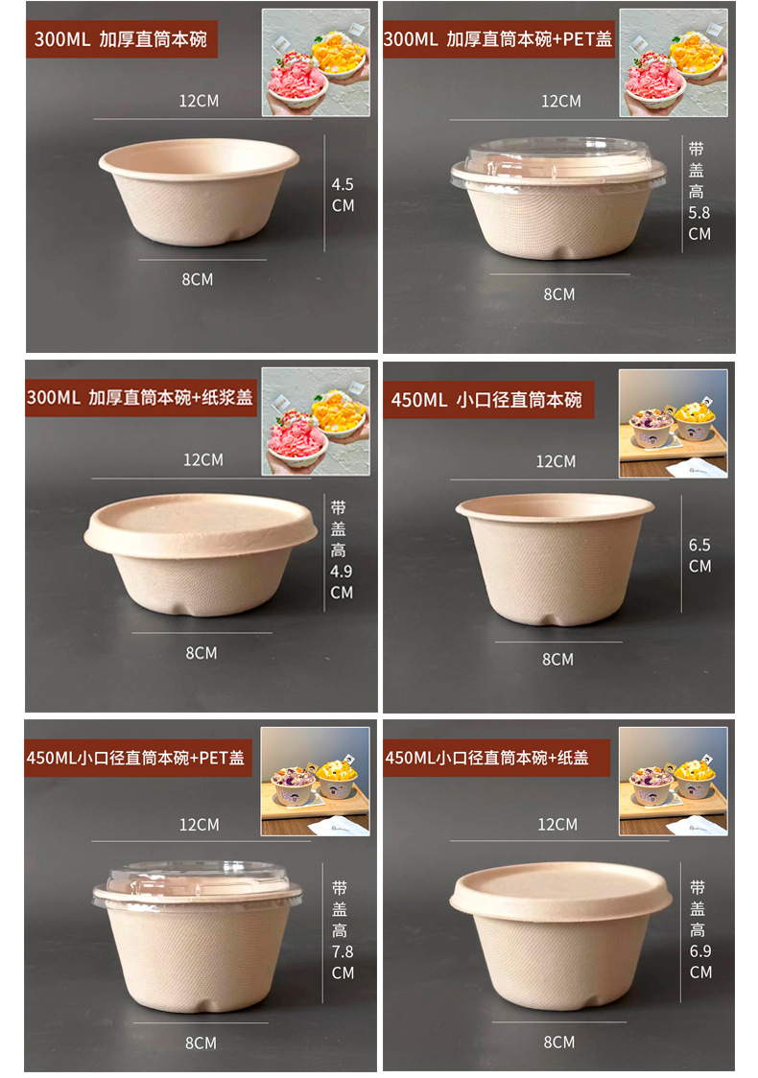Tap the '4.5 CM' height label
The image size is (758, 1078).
(x=343, y=195)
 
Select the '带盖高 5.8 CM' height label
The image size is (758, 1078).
(x=699, y=191)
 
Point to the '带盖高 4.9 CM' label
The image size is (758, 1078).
(x=341, y=550)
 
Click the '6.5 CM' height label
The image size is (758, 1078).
(x=699, y=555)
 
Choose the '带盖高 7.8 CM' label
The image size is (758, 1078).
(x=342, y=930)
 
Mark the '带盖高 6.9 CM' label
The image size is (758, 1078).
(x=699, y=929)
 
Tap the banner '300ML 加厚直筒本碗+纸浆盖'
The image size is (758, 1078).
(x=141, y=397)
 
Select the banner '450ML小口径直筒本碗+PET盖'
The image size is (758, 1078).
(x=136, y=758)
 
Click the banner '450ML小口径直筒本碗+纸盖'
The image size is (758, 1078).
(x=486, y=758)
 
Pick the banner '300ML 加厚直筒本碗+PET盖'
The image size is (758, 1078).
(x=498, y=39)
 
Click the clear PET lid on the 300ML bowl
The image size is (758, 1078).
(x=558, y=159)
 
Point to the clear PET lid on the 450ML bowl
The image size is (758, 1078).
(x=198, y=881)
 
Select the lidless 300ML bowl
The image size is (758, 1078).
(x=200, y=191)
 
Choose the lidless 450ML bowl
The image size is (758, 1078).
(x=555, y=556)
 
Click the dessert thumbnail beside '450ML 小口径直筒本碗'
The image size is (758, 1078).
(x=673, y=423)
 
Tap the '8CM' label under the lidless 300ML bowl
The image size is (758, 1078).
(x=198, y=279)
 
